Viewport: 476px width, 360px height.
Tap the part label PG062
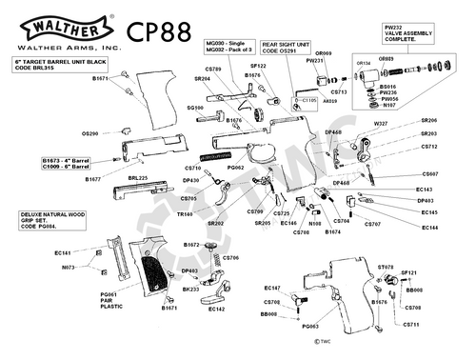tap(237, 168)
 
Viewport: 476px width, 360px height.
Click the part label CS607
tap(429, 174)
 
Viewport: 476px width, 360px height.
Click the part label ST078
tap(386, 268)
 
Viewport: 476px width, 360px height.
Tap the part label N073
tap(68, 268)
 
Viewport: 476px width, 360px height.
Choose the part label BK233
tap(189, 289)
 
